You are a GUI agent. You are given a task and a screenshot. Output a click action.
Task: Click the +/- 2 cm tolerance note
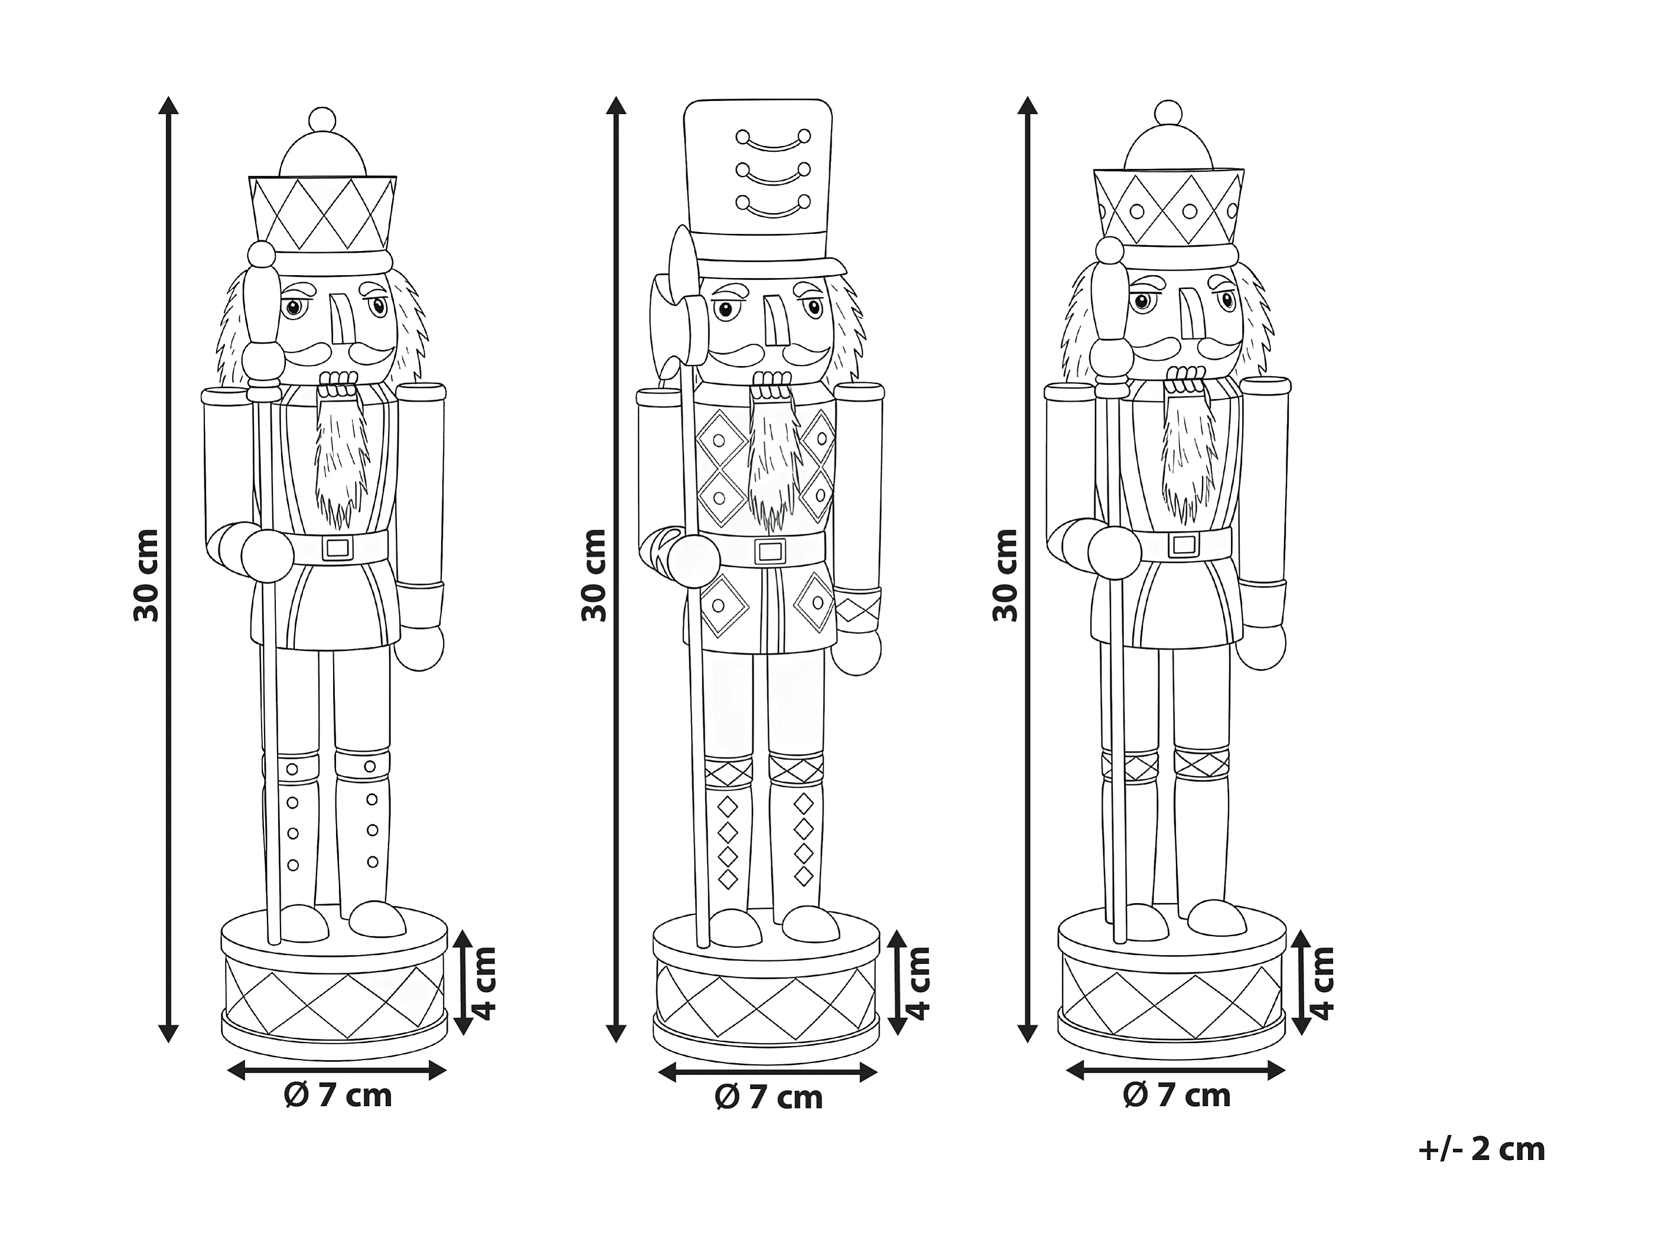tap(1481, 1149)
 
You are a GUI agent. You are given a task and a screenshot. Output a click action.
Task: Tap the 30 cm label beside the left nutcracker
tap(146, 575)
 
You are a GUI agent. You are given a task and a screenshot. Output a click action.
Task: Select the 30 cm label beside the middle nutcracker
tap(594, 575)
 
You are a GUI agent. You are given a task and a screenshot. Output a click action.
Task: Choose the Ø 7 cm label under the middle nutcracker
tap(768, 1098)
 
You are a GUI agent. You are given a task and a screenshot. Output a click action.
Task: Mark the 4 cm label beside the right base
tap(1322, 983)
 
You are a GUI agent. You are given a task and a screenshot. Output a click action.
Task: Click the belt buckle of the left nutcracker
tap(337, 548)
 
